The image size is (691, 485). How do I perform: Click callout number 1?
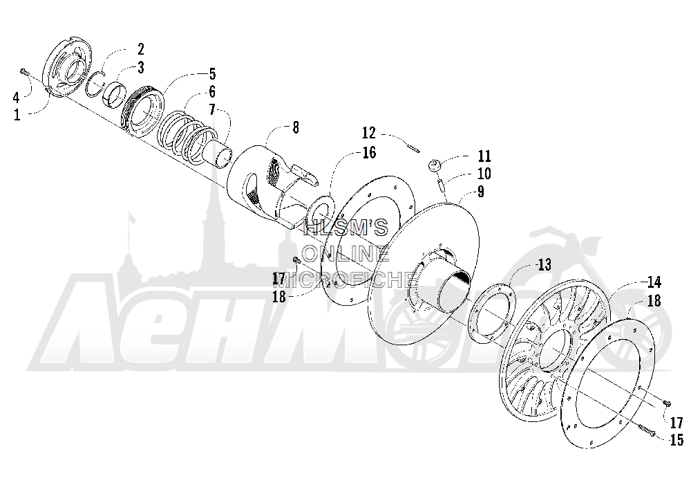(17, 115)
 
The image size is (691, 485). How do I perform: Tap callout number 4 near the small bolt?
(17, 97)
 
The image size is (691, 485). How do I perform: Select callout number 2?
(140, 49)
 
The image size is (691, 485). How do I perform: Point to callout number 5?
(212, 74)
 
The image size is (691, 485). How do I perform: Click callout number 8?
(296, 127)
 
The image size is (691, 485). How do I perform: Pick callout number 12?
(369, 133)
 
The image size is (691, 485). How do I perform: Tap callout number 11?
(484, 156)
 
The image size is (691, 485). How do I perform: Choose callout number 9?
(480, 192)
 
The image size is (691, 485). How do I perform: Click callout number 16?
(369, 153)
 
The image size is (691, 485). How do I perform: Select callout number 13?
(545, 265)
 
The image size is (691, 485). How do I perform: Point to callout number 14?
(654, 282)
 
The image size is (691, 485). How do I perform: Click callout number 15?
(676, 440)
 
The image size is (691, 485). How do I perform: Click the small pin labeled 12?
(414, 147)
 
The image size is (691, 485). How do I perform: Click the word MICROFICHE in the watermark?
(348, 279)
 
